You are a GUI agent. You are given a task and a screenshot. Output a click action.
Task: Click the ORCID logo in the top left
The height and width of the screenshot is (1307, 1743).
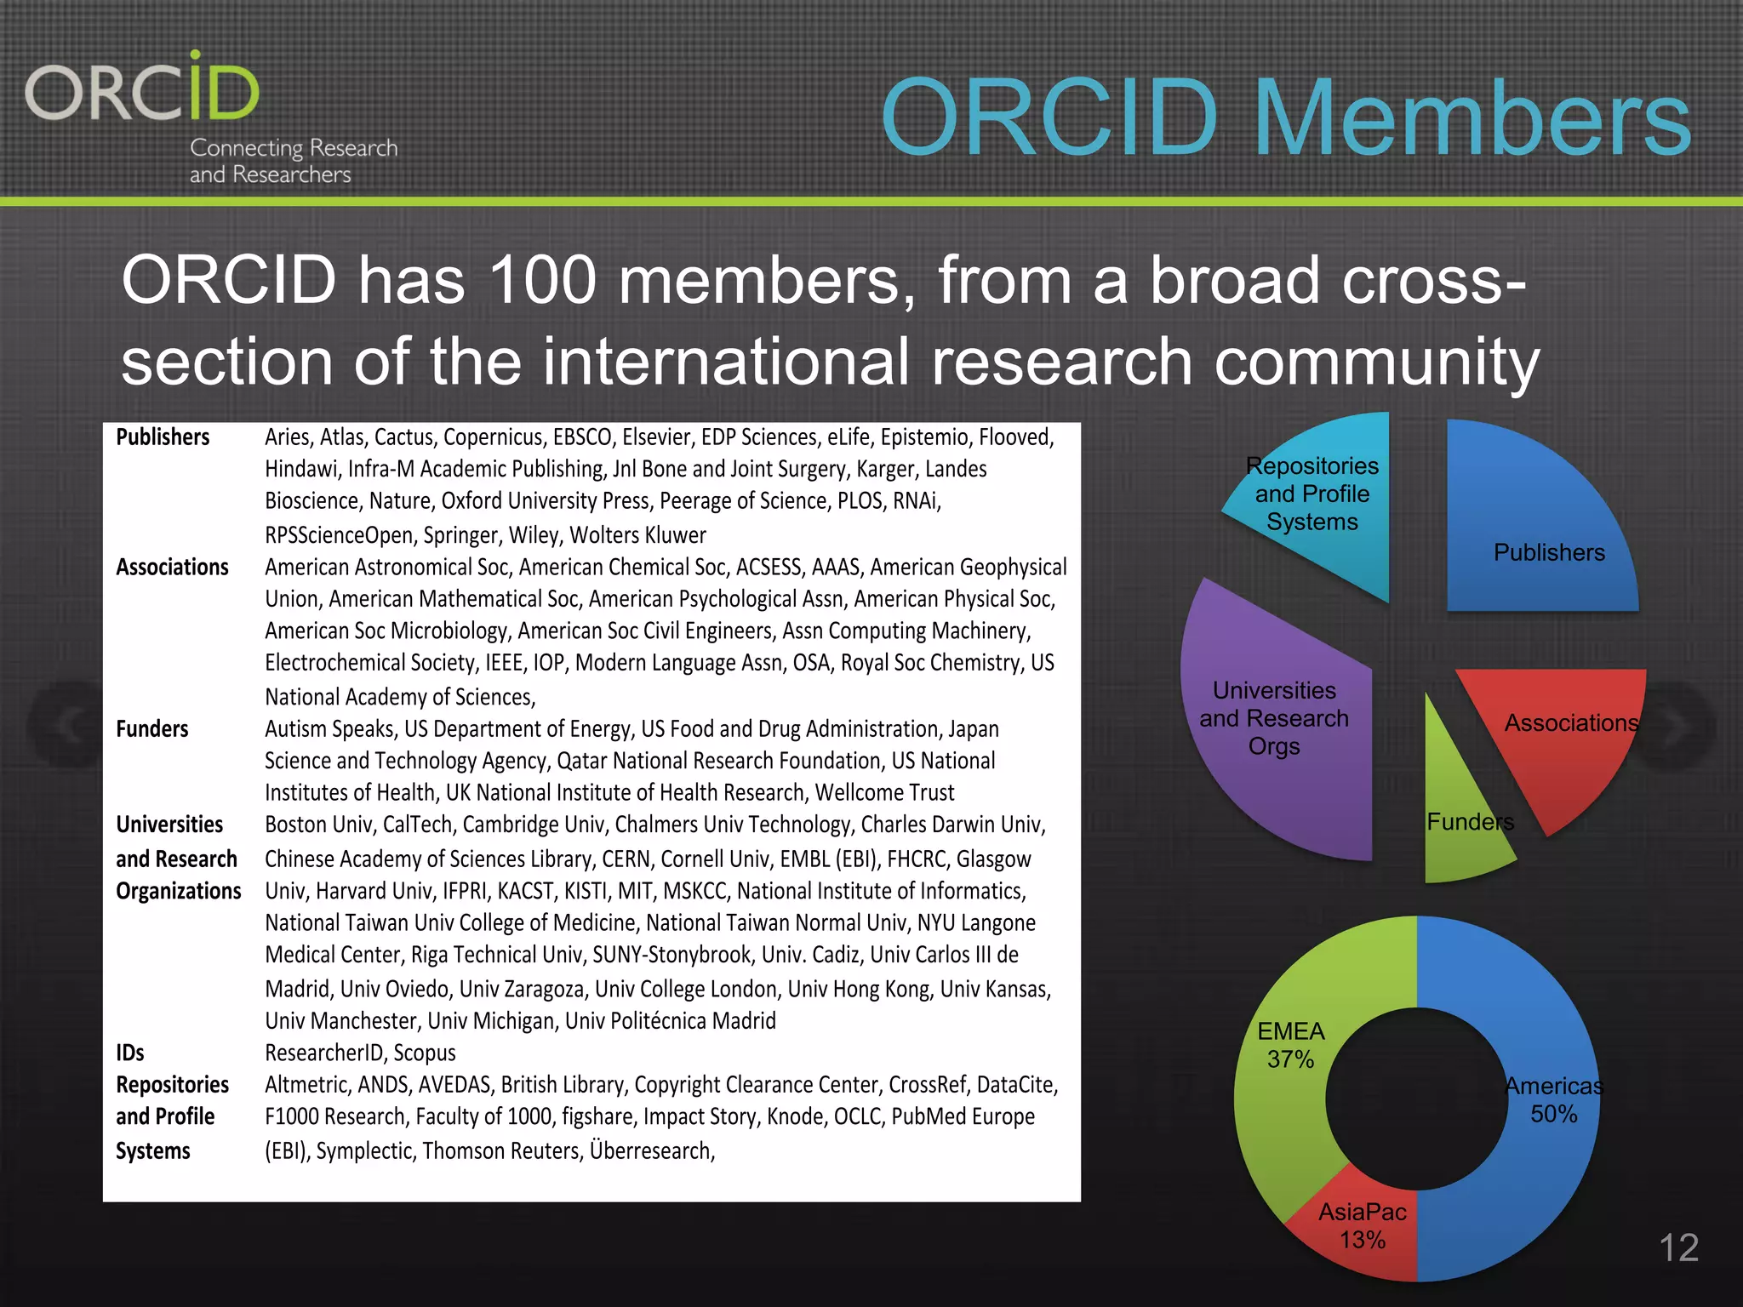coord(143,89)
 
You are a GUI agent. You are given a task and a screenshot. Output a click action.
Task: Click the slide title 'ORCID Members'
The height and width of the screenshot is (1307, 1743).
coord(1285,117)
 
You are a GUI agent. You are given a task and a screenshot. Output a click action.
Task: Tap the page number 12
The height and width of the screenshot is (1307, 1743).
coord(1678,1247)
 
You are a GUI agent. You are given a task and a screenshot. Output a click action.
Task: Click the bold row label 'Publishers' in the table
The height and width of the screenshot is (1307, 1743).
coord(163,437)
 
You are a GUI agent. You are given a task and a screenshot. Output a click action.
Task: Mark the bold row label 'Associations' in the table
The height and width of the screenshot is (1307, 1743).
coord(172,568)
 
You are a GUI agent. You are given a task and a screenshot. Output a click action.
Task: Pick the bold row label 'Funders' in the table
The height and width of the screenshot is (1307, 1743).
coord(152,729)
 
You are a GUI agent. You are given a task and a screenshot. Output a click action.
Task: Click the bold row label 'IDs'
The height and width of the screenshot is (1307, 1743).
coord(130,1053)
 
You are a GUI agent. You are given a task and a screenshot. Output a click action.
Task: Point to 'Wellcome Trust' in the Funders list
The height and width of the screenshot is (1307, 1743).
coord(884,793)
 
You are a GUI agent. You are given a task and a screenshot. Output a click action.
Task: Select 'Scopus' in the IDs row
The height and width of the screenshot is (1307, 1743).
coord(424,1053)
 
